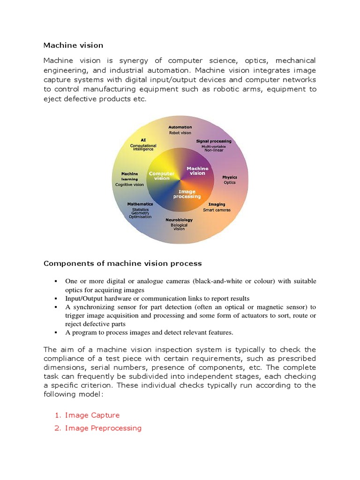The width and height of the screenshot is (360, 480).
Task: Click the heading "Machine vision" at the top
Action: point(73,45)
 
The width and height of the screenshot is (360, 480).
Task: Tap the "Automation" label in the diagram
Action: point(180,127)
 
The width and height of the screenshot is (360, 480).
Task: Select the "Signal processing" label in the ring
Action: point(213,141)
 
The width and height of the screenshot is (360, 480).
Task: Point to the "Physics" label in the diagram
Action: point(230,177)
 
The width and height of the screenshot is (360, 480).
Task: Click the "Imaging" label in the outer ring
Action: point(217,204)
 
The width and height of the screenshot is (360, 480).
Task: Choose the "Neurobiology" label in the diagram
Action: point(179,219)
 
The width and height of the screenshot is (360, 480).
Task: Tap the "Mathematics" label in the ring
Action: point(140,204)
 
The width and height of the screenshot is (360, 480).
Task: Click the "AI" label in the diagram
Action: point(143,140)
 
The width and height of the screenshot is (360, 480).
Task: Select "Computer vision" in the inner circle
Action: point(162,176)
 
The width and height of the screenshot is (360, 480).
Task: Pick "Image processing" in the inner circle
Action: point(187,194)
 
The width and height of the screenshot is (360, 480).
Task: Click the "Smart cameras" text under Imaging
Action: point(217,210)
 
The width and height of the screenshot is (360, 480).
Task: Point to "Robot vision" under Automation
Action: point(180,133)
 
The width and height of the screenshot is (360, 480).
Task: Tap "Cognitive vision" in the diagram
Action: point(129,185)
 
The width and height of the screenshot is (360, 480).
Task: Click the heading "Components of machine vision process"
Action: point(122,263)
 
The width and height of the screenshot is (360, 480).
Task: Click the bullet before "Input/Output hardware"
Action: point(56,299)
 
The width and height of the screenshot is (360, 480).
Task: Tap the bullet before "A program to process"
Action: point(56,333)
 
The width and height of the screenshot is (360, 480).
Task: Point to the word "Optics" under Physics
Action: point(230,182)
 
